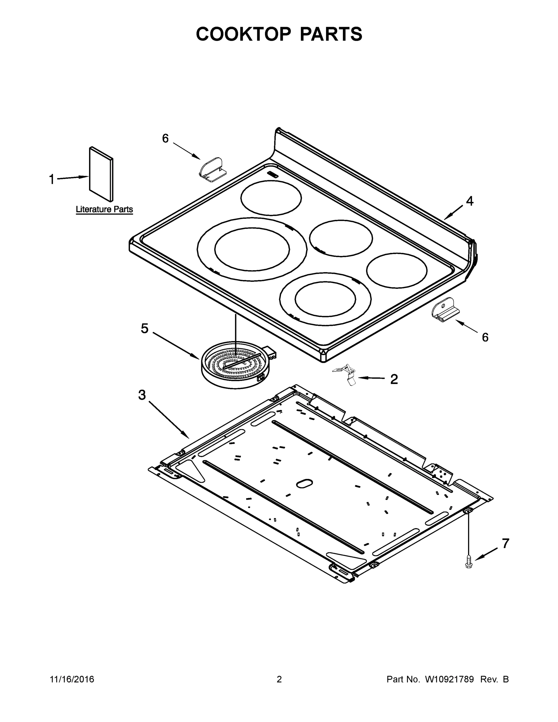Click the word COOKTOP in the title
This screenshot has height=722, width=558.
click(244, 34)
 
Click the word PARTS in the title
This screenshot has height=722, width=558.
click(331, 34)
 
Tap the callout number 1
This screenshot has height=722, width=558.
click(51, 180)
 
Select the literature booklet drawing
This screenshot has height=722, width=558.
click(101, 174)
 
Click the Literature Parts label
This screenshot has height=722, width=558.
click(104, 209)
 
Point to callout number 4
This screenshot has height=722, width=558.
click(469, 201)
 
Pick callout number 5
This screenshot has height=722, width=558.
click(144, 328)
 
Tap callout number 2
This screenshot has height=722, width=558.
click(394, 379)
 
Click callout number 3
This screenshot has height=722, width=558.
click(142, 395)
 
